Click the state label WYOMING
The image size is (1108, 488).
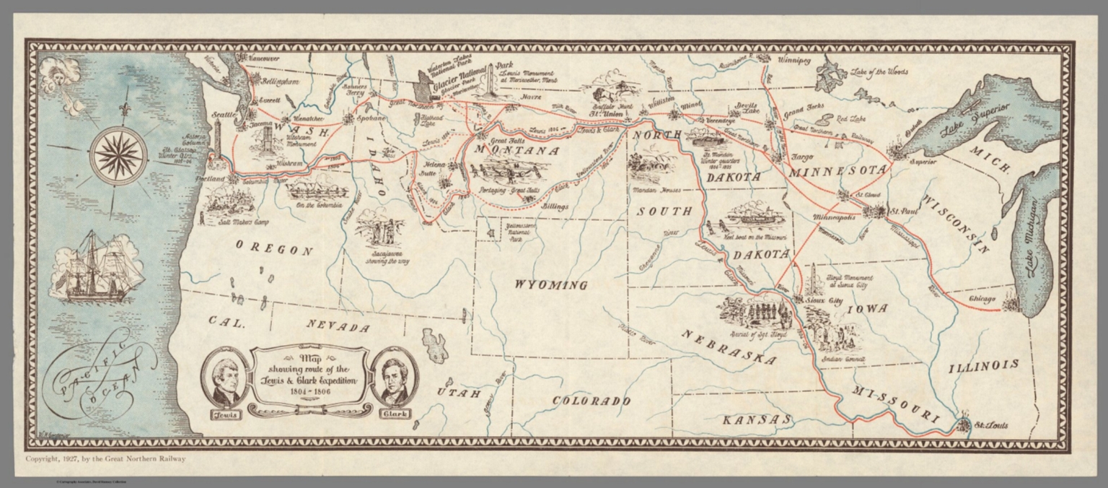click(x=550, y=285)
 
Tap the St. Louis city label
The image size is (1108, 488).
click(x=991, y=425)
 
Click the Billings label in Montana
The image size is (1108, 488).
click(x=555, y=206)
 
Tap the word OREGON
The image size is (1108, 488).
click(x=274, y=250)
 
